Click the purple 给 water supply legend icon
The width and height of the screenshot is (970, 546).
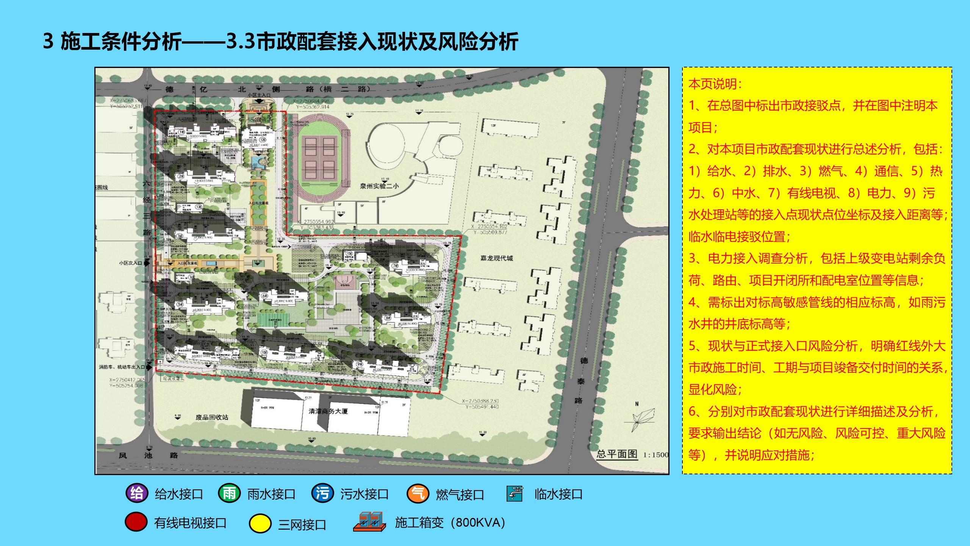[x=137, y=493]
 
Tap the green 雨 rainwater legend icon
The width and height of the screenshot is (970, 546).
[x=229, y=493]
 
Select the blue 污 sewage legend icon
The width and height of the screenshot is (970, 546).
[x=322, y=493]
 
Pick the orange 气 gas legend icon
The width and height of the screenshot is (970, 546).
[x=418, y=494]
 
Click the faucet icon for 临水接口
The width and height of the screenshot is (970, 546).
[x=515, y=494]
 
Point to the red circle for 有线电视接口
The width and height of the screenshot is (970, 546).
[x=136, y=522]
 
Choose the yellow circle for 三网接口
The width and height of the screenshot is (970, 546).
[x=260, y=524]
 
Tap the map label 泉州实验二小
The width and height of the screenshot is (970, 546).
[x=379, y=186]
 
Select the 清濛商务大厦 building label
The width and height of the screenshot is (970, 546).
[x=328, y=411]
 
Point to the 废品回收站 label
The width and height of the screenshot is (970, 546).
[x=212, y=417]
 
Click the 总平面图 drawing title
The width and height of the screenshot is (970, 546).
[x=617, y=454]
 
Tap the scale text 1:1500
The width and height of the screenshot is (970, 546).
[x=656, y=455]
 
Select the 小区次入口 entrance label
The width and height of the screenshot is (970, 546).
[x=130, y=263]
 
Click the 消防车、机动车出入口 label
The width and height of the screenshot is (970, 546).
[x=122, y=367]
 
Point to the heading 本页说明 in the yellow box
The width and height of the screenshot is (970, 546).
[x=715, y=84]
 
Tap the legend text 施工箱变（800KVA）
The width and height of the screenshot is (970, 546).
[x=450, y=522]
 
